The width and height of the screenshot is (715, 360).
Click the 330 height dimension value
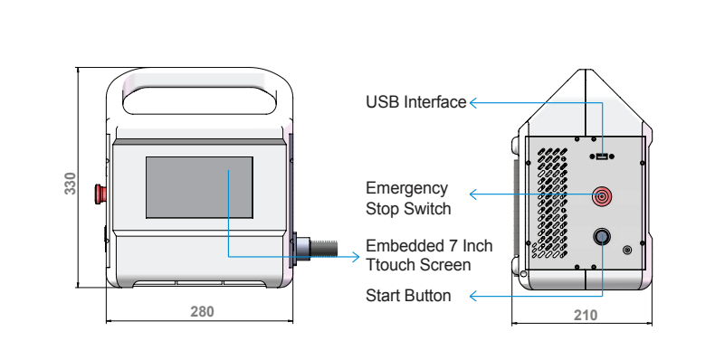click(x=71, y=184)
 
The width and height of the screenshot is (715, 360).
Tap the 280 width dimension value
click(x=202, y=312)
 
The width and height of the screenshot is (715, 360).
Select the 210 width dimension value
click(x=585, y=315)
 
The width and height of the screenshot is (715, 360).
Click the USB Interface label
click(x=415, y=102)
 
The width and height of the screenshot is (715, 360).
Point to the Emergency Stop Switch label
click(x=408, y=198)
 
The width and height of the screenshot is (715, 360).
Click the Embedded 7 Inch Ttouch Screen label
click(x=429, y=255)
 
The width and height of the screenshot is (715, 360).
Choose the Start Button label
click(x=408, y=296)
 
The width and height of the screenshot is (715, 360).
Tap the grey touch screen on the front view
click(x=199, y=187)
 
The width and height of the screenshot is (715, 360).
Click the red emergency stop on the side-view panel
click(x=602, y=196)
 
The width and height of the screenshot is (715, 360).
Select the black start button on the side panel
click(x=602, y=237)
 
